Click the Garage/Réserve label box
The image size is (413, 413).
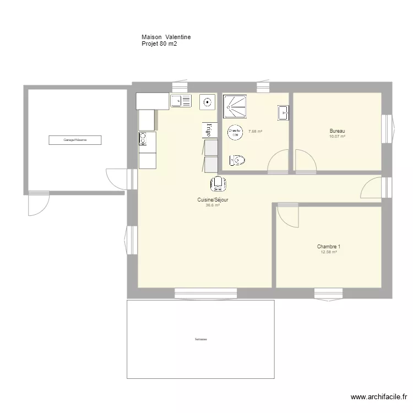(x=75, y=140)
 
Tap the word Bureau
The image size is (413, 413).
(x=337, y=131)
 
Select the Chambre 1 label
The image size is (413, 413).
(x=329, y=247)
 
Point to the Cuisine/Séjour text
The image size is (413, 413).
(x=213, y=200)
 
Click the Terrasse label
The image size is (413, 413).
(x=200, y=339)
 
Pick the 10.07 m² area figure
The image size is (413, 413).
(x=337, y=137)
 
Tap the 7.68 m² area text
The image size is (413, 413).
(x=255, y=132)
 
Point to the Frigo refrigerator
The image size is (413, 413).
(x=209, y=130)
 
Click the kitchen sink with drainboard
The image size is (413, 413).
(x=181, y=101)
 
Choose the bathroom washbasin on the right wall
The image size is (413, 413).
(x=284, y=113)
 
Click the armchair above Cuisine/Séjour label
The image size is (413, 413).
(x=218, y=183)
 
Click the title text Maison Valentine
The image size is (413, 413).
(x=166, y=37)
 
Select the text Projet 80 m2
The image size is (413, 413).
(x=159, y=44)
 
